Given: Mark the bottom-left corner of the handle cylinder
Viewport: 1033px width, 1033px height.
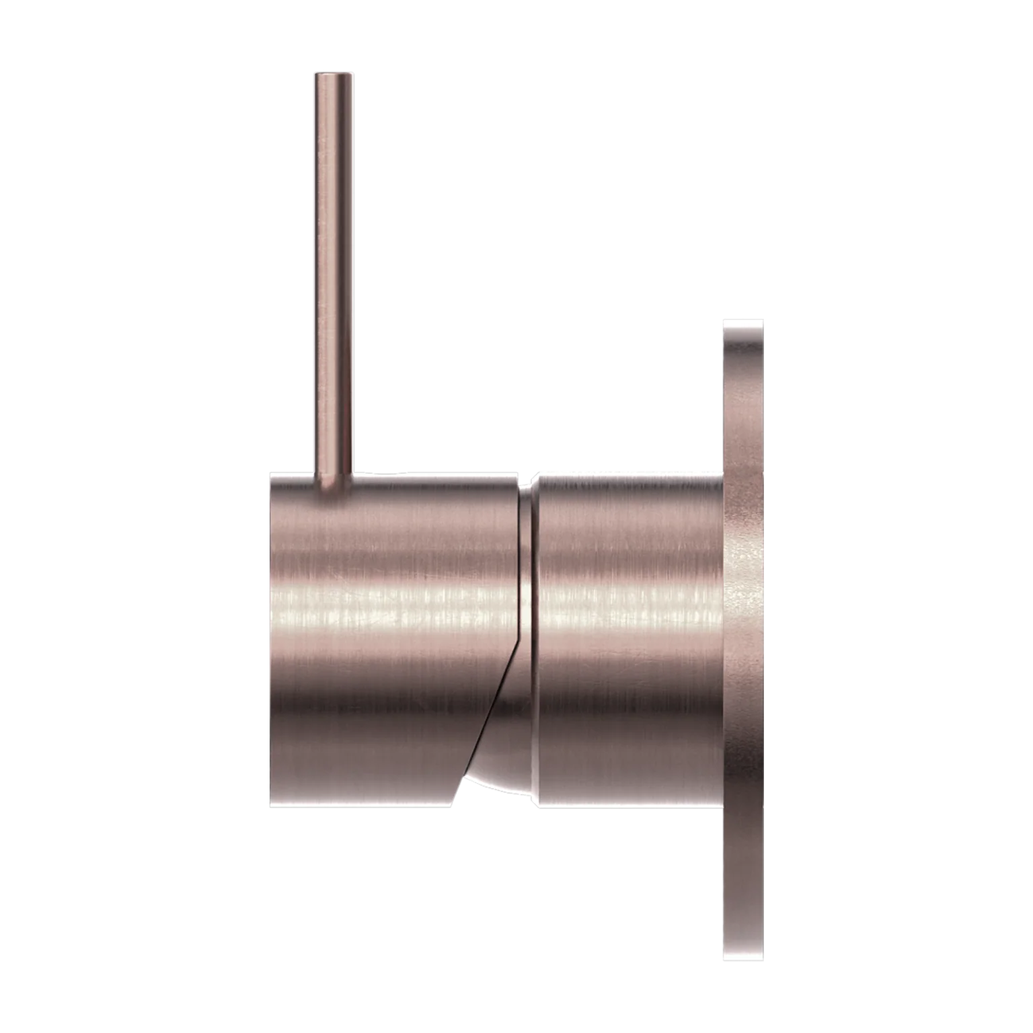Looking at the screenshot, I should (272, 806).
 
